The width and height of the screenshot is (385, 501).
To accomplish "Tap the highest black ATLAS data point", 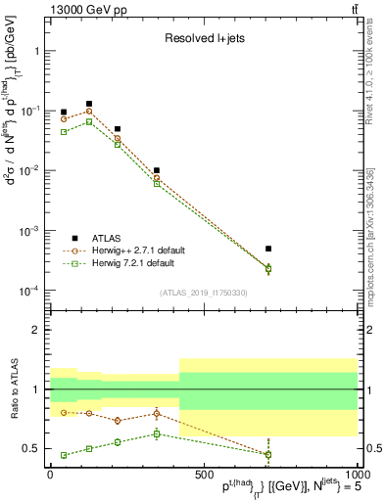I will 89,104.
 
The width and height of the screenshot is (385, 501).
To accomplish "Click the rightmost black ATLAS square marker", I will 351,249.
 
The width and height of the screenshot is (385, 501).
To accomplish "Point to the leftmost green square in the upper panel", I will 64,131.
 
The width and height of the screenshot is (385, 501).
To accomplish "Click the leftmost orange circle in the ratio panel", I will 64,412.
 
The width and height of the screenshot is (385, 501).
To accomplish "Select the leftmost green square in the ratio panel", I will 64,455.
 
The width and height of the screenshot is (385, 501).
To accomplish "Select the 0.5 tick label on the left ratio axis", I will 34,449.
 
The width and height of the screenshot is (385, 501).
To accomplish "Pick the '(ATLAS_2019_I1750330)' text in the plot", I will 203,293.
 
